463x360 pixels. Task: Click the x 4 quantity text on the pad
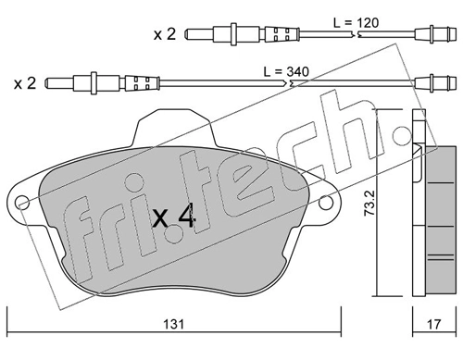(173, 218)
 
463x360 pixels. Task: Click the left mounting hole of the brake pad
(22, 203)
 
